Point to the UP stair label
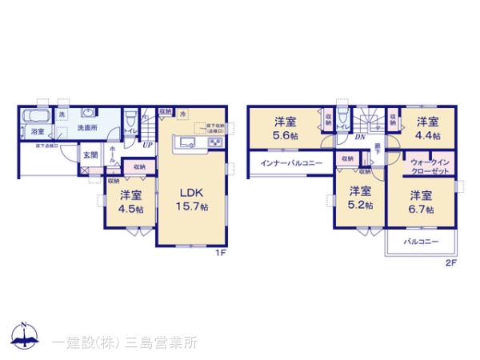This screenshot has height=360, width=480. tap(147, 145)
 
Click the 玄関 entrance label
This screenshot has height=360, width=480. tap(90, 156)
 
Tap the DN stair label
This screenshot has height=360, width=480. tap(361, 137)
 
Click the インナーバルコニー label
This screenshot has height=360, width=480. tap(291, 163)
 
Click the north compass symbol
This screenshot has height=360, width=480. tap(24, 336)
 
